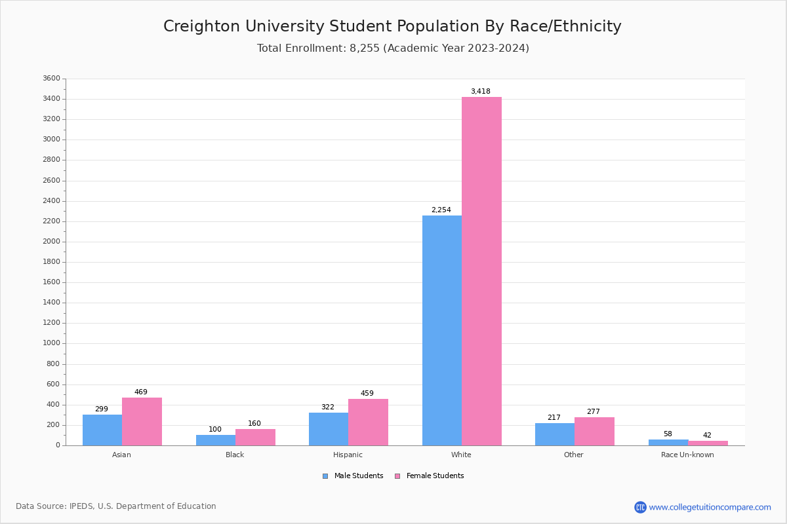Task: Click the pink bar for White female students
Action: [481, 271]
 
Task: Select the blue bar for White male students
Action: [441, 330]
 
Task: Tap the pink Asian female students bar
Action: [142, 421]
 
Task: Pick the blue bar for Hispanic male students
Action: [328, 429]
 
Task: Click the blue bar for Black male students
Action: [215, 440]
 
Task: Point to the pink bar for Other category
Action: [594, 431]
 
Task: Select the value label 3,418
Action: [480, 92]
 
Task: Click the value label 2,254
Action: [441, 210]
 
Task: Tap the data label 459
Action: [367, 394]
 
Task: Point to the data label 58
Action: [667, 434]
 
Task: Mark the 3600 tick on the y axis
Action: [51, 79]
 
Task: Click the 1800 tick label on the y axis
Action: [51, 262]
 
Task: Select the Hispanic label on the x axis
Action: [348, 455]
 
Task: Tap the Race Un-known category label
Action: [687, 455]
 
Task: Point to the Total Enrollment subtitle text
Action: [393, 48]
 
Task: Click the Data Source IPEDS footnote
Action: [116, 506]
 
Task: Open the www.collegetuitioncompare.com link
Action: [710, 507]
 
